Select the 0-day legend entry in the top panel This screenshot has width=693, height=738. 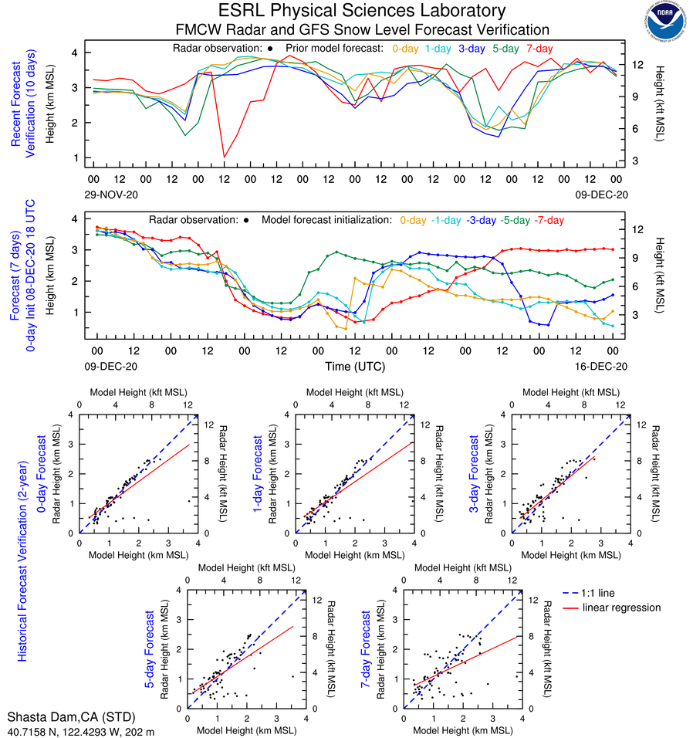405,48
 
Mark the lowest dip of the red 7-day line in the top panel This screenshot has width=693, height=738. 225,157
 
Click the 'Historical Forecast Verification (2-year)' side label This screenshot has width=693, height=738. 22,548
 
